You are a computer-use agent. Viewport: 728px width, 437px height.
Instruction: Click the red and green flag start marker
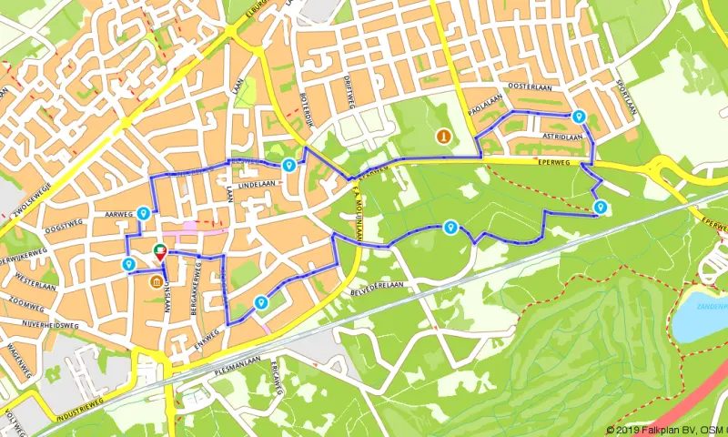(x=160, y=252)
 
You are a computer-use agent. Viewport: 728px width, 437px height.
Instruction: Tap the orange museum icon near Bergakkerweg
(x=157, y=281)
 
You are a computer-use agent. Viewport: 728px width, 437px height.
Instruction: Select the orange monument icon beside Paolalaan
(x=443, y=137)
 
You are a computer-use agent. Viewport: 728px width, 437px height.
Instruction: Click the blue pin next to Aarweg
(x=144, y=214)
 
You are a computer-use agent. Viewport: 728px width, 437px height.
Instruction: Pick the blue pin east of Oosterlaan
(x=579, y=117)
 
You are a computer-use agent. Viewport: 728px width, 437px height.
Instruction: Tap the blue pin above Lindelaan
(x=288, y=165)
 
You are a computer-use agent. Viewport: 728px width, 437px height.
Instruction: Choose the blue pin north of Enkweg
(x=261, y=303)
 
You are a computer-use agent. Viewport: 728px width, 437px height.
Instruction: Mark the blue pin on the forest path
(x=450, y=227)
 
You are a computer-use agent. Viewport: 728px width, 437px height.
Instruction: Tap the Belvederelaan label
(x=376, y=284)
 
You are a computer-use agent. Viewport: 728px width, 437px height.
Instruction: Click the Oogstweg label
(x=64, y=224)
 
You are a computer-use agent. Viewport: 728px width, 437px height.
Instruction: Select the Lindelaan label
(x=256, y=183)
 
